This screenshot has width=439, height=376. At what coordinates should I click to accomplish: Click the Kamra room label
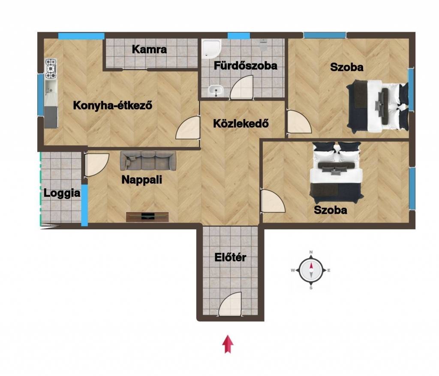pos(149,49)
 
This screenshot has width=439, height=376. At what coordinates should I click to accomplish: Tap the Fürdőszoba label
pos(246,66)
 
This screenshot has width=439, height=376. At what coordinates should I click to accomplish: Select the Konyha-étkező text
pos(113,105)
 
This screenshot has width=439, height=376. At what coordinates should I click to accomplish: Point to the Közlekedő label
pos(241,123)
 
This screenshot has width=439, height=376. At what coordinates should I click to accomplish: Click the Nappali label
pos(141,180)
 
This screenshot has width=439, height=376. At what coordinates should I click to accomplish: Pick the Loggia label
pos(62,193)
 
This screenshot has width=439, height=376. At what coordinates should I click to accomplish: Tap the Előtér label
pos(230,257)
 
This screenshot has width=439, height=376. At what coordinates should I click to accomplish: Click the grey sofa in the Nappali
pos(148,160)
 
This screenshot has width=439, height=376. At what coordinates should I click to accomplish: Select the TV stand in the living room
pos(147,217)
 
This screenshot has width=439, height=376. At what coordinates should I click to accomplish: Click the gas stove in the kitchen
pos(51,69)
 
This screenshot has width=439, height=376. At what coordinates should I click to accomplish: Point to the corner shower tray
pos(211,49)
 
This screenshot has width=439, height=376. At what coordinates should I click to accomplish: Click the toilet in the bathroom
pos(264,45)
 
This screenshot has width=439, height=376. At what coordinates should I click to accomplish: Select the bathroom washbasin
pos(216,91)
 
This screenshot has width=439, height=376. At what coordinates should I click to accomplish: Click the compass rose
pos(311,271)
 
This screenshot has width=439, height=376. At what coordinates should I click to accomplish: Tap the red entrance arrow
pos(228,344)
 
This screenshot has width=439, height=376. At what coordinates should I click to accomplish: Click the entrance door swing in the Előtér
pos(230,304)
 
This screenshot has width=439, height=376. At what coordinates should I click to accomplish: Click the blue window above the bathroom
pos(238,36)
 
